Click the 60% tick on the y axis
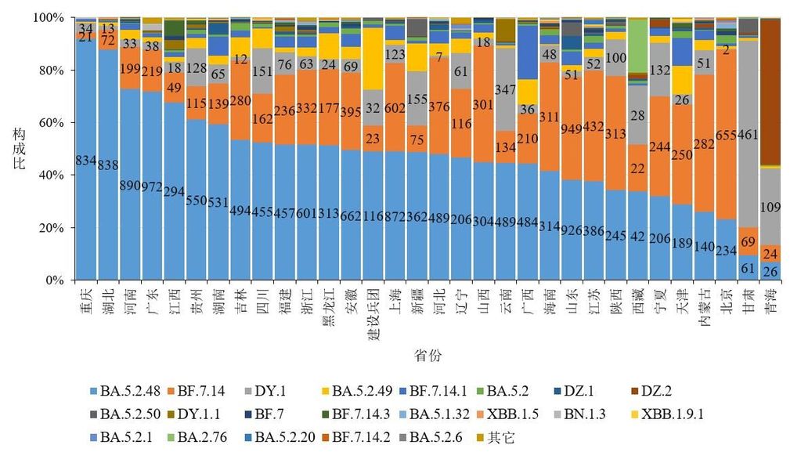(55, 122)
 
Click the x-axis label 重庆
(85, 299)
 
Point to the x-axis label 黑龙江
(330, 306)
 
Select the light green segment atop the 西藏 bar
(640, 45)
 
